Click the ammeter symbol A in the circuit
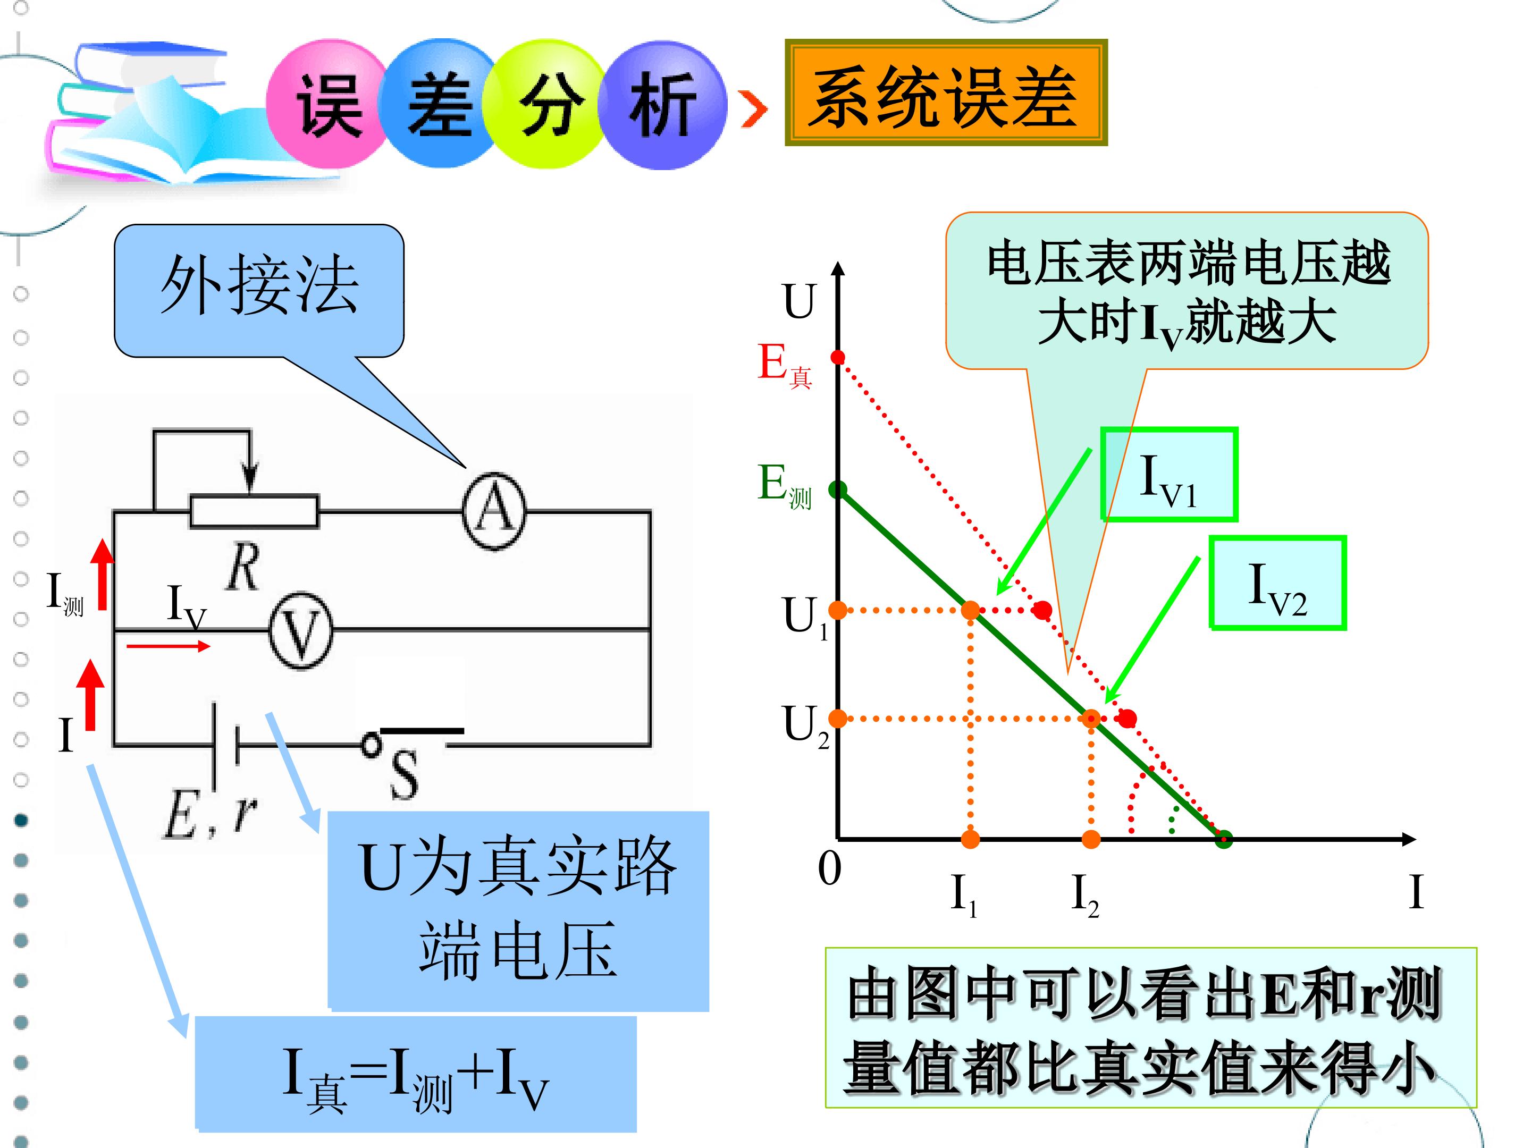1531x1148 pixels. pyautogui.click(x=494, y=511)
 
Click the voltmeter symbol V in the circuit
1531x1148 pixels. pyautogui.click(x=300, y=630)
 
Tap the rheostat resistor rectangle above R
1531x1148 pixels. pyautogui.click(x=254, y=511)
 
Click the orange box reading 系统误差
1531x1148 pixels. pyautogui.click(x=946, y=92)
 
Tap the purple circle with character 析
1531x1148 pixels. pyautogui.click(x=662, y=104)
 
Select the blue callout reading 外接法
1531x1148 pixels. pyautogui.click(x=259, y=291)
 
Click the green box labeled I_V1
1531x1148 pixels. pyautogui.click(x=1169, y=474)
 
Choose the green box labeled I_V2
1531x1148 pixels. pyautogui.click(x=1277, y=583)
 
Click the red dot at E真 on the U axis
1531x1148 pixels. pyautogui.click(x=837, y=357)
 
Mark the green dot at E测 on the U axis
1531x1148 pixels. pyautogui.click(x=837, y=490)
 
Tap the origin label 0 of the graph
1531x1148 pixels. pyautogui.click(x=829, y=868)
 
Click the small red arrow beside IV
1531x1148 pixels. pyautogui.click(x=168, y=646)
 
